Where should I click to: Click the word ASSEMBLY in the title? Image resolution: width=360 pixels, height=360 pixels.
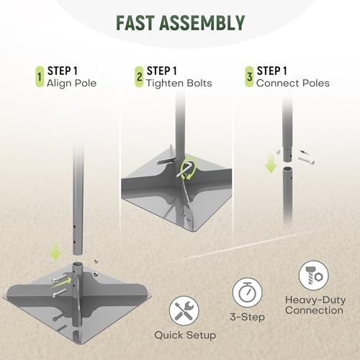(202, 23)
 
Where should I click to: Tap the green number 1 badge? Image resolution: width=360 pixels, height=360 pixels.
(40, 77)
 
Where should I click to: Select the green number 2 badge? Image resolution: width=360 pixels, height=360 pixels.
(139, 77)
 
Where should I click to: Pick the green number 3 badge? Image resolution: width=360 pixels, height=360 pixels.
(249, 77)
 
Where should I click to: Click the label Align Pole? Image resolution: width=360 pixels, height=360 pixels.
(71, 84)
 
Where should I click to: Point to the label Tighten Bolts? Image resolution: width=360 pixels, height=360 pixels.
(179, 84)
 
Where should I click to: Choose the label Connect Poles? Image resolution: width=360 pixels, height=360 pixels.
(293, 84)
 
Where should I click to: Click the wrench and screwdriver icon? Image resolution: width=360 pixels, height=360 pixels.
(184, 311)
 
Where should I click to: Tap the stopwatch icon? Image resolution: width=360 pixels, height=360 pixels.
(247, 292)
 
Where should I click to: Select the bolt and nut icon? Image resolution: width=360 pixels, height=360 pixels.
(313, 276)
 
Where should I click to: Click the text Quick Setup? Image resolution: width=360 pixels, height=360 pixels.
(185, 335)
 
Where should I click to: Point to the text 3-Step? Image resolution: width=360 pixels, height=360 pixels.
(248, 317)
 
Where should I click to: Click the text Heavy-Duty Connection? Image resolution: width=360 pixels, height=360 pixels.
(315, 305)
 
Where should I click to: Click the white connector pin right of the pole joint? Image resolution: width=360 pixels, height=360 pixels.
(306, 159)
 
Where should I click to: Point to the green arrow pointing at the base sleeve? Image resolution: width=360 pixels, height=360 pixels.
(62, 283)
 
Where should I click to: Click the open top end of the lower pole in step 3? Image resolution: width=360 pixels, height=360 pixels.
(287, 169)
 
